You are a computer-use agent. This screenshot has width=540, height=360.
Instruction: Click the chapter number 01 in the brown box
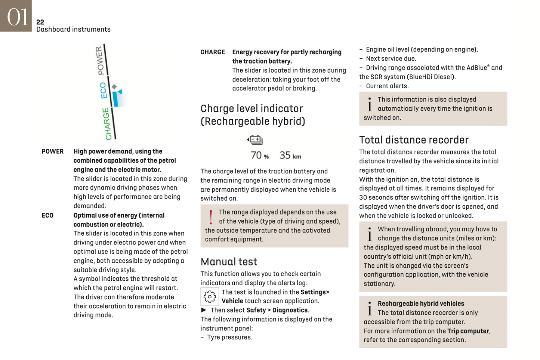(17, 17)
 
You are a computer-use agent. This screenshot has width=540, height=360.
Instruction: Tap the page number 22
(40, 22)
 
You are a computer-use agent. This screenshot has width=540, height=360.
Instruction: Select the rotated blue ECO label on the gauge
(104, 90)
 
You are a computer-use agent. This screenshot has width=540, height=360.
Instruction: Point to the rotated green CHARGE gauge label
(107, 124)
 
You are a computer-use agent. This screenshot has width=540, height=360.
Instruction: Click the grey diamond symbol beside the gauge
(114, 87)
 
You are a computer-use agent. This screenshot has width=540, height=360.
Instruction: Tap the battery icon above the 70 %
(255, 140)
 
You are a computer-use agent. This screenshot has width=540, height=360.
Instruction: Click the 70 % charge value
(259, 155)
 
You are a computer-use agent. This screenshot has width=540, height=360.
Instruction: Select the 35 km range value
(290, 155)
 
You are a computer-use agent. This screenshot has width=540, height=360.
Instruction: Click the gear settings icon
(210, 297)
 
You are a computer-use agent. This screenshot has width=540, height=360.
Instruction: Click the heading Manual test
(229, 262)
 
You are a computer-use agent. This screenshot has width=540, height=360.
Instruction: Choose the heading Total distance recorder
(414, 140)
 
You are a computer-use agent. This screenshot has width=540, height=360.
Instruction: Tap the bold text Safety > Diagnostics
(277, 310)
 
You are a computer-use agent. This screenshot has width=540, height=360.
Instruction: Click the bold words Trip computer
(468, 331)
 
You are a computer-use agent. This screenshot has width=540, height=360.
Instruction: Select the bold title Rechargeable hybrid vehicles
(421, 304)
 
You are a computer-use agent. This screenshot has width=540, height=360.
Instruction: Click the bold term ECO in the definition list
(47, 215)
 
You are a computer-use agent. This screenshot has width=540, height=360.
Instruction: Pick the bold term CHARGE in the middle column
(213, 52)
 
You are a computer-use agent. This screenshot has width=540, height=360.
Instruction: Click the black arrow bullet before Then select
(204, 310)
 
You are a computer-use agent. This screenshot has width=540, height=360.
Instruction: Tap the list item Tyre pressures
(229, 337)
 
